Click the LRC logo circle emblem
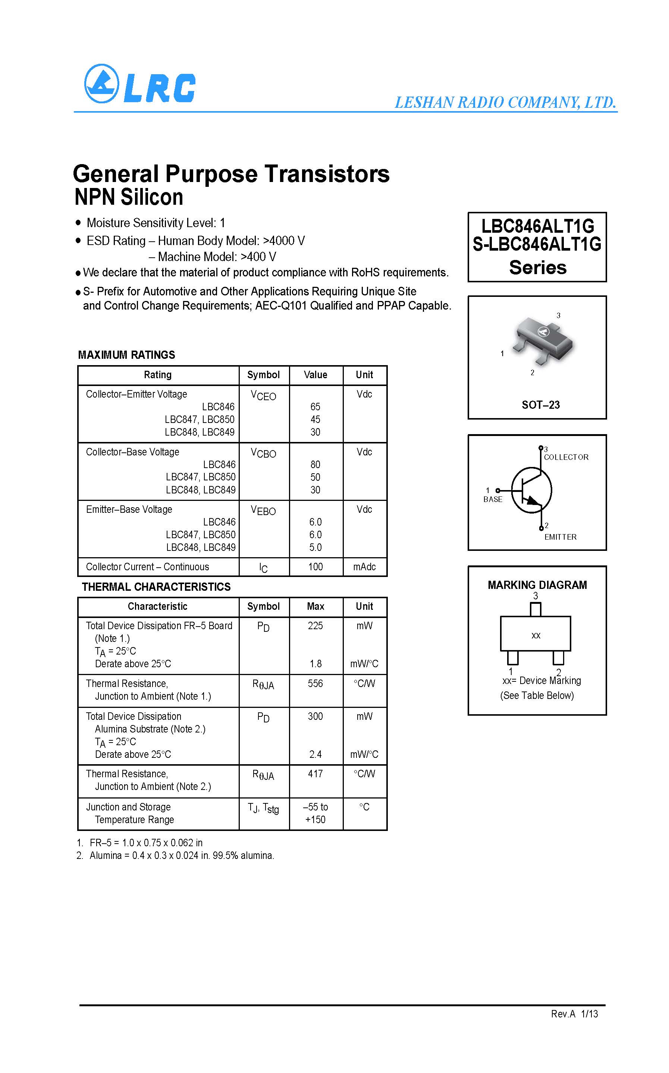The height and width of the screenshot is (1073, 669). (x=101, y=84)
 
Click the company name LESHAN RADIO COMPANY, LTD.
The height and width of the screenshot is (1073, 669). (x=505, y=103)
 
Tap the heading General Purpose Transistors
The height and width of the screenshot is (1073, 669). (x=231, y=174)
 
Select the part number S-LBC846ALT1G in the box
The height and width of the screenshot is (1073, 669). (x=537, y=244)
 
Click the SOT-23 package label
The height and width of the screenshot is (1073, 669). (x=540, y=405)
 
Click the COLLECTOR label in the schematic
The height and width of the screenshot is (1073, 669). (x=566, y=457)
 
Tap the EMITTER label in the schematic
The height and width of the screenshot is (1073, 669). (x=560, y=537)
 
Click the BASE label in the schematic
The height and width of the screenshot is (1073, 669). (x=493, y=499)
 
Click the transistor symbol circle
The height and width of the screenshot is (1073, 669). (x=531, y=490)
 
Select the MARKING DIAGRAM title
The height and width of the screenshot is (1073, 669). (x=537, y=585)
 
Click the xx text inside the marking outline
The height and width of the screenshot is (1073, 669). (x=536, y=636)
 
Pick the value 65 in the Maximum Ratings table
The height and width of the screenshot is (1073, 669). (x=315, y=407)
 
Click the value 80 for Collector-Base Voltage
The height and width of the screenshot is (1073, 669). (x=315, y=465)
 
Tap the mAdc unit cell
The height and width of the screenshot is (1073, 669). (x=364, y=567)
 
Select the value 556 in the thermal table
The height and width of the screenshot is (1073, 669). (x=315, y=684)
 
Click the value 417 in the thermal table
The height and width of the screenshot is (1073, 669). (x=315, y=774)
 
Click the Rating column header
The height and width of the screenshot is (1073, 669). (x=157, y=375)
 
